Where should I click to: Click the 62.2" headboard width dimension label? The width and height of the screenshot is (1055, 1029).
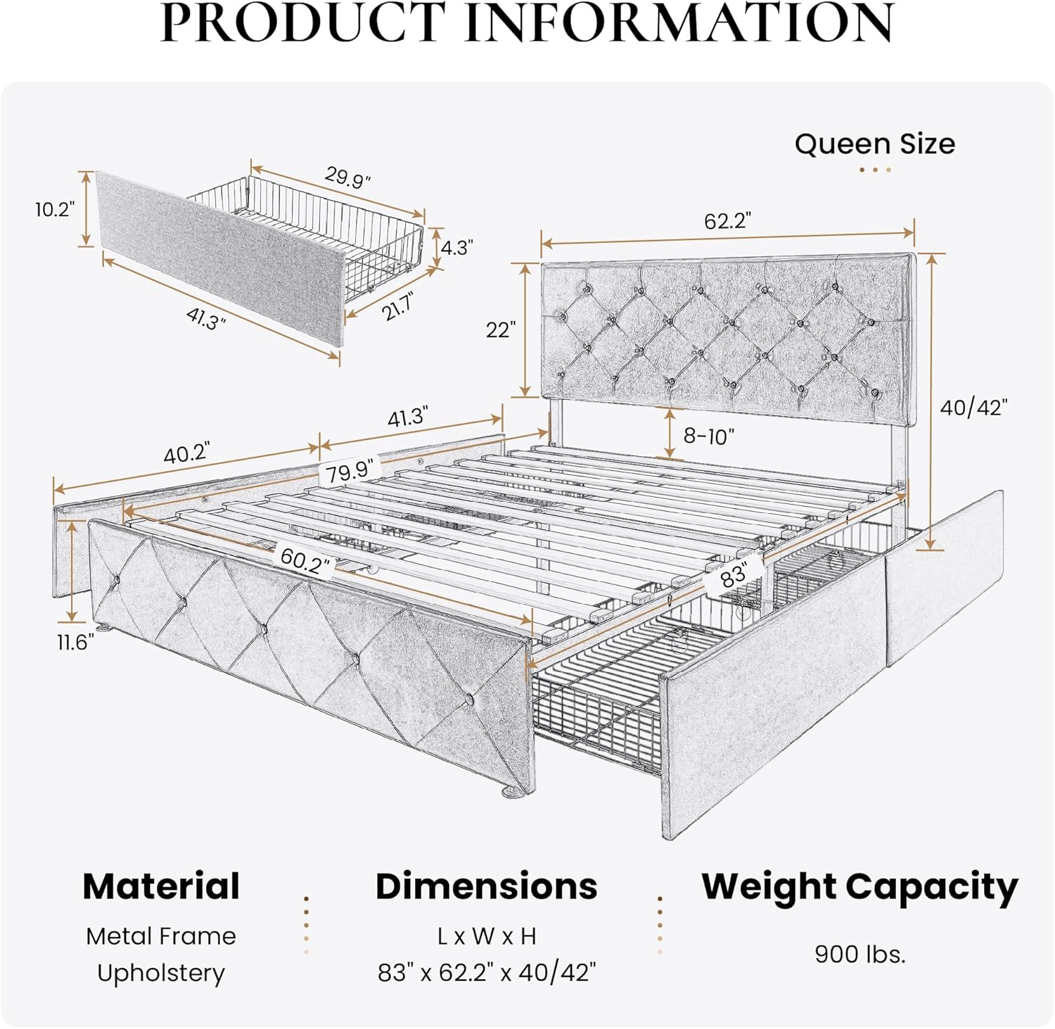point(727,221)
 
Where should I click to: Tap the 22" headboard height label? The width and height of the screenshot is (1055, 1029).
point(501,329)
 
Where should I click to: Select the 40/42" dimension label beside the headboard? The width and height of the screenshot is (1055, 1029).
point(973,408)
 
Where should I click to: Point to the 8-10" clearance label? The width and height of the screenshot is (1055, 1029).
point(708,436)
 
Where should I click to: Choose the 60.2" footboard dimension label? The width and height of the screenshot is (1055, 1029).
point(305,561)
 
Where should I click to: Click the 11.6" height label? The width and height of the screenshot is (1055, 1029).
point(75,642)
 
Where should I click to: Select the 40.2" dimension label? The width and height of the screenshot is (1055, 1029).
point(186,454)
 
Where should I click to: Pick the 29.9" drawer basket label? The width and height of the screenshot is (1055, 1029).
point(347,177)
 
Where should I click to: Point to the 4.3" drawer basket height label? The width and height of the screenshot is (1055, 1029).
point(456,248)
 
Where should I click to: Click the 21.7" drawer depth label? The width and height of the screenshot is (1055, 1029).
point(398,306)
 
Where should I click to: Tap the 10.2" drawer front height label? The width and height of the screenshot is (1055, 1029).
point(55,209)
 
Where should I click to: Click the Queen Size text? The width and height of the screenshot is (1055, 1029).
point(874,144)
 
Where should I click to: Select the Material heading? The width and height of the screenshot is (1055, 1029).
point(161,886)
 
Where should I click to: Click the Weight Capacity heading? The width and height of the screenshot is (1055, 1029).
point(859,887)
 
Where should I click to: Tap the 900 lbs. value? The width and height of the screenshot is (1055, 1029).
point(859,954)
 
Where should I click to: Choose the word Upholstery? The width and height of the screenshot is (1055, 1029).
point(161,973)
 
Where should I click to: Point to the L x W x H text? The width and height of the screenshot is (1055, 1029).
point(487,937)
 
